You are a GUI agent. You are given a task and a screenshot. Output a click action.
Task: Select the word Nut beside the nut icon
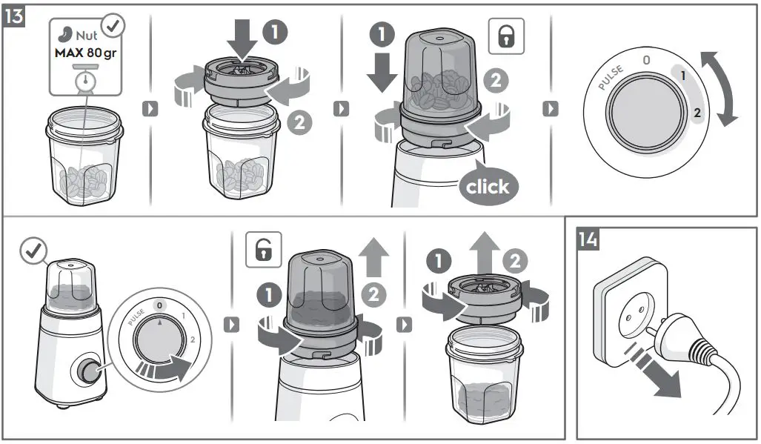pos(87,36)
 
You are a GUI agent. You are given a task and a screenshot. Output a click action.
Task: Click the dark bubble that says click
pos(487,185)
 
